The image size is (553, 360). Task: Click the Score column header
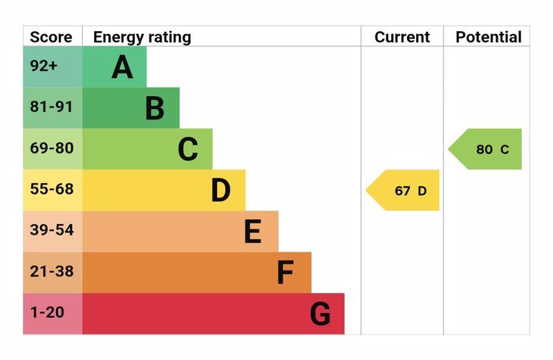point(51,37)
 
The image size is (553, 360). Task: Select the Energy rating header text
point(142,37)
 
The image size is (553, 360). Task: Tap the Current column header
point(402,37)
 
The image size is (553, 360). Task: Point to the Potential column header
point(488,37)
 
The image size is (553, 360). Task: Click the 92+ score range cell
point(44,66)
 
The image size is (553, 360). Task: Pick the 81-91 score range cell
point(51,107)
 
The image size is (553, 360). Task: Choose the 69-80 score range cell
point(51,149)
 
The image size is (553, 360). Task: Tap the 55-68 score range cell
point(51,189)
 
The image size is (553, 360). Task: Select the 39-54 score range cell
point(51,230)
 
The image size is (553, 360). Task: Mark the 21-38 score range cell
point(51,272)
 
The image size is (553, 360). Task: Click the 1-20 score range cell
point(47,312)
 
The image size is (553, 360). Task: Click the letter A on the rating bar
point(122,67)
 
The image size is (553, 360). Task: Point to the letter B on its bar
point(155,108)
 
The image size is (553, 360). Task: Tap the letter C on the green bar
point(188,149)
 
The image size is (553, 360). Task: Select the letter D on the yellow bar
point(221,191)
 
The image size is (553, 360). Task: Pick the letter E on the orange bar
point(253,232)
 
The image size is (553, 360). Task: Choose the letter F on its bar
point(285,273)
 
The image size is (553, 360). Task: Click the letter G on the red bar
point(320,314)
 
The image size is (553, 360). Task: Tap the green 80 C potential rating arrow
point(489,149)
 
